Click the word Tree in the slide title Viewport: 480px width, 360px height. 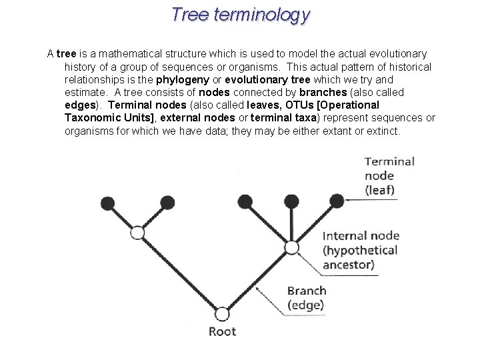tap(190, 14)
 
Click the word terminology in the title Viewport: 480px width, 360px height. tap(262, 15)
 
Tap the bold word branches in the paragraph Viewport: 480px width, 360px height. tap(323, 92)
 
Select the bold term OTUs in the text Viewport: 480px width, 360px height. tap(292, 105)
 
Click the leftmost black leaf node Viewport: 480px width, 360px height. tap(107, 203)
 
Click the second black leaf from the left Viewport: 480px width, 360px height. tap(168, 203)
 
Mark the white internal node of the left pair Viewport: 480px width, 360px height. tap(137, 233)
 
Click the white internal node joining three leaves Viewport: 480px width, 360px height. tap(291, 248)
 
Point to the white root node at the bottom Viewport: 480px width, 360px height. tap(222, 314)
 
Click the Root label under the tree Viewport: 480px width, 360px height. tap(222, 331)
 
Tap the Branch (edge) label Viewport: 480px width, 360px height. tap(306, 298)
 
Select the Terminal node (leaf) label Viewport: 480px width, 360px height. tap(389, 175)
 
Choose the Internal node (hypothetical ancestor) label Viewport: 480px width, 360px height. tap(360, 250)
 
